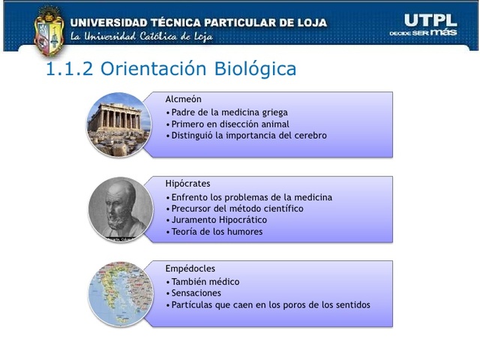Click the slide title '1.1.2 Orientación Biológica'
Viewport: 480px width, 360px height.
click(x=171, y=69)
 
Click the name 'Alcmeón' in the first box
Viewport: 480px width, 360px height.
click(x=183, y=99)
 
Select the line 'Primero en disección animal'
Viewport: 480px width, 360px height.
click(x=229, y=124)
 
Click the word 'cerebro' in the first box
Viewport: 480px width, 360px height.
click(x=310, y=136)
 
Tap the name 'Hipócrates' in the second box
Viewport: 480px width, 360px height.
click(x=187, y=183)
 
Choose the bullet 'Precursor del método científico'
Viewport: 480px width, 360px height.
click(x=236, y=208)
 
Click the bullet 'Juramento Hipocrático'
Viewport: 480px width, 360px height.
click(x=218, y=220)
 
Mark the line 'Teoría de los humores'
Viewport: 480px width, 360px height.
click(x=216, y=232)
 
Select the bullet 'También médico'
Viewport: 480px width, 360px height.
click(x=205, y=281)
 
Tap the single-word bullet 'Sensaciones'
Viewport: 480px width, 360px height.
click(x=196, y=293)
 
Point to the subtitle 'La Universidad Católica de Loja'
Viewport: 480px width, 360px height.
click(x=141, y=37)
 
